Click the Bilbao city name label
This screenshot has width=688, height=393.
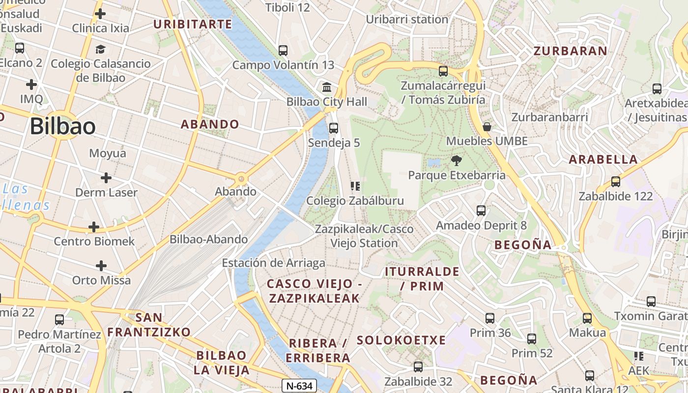(x=62, y=126)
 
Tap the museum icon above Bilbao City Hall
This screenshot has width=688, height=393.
(x=327, y=87)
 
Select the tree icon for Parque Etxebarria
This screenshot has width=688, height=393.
(x=457, y=160)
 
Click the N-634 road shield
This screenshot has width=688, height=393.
(x=299, y=386)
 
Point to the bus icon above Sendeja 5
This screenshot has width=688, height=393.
(x=334, y=128)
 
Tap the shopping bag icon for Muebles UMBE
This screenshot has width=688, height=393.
(x=487, y=127)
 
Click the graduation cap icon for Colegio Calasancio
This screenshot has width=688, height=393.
(x=100, y=49)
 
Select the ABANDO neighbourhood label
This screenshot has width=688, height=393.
(x=210, y=124)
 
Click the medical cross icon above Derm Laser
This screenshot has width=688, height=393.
(x=106, y=177)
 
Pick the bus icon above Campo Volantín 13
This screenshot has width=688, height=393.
(x=283, y=50)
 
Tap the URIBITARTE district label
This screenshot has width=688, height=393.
(x=193, y=24)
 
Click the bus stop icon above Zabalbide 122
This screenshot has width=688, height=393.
(x=616, y=182)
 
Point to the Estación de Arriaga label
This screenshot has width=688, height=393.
(x=273, y=263)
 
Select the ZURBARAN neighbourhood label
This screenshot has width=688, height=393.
(x=571, y=51)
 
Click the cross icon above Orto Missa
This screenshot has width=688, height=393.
(x=101, y=266)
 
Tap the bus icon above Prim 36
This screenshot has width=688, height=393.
(x=490, y=318)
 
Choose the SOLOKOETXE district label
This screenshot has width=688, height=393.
(x=401, y=340)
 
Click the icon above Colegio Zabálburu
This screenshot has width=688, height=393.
(x=355, y=186)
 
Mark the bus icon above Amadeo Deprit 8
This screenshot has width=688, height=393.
(x=481, y=211)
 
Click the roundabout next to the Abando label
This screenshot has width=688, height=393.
(x=241, y=179)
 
